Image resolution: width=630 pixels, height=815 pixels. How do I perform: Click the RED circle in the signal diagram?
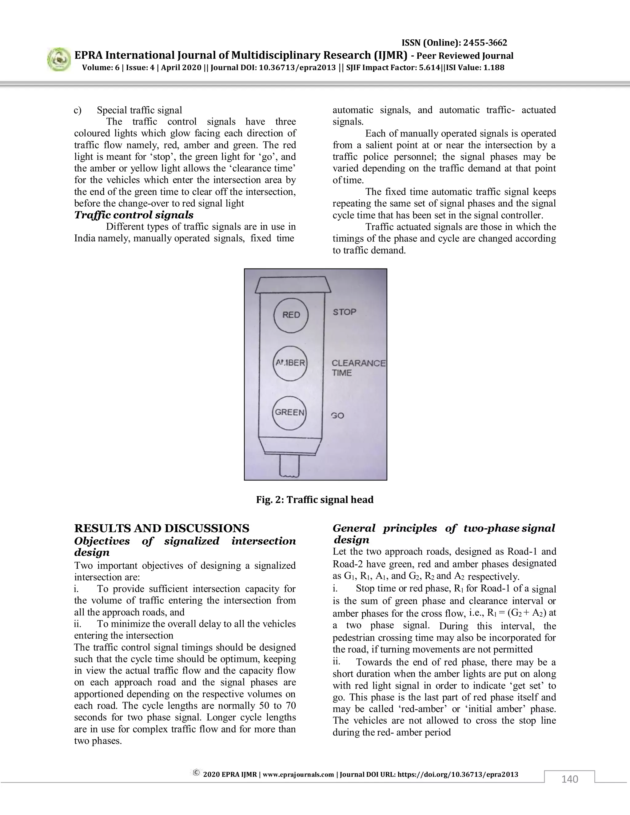tap(291, 315)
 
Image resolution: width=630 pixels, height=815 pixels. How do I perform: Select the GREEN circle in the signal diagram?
tap(289, 412)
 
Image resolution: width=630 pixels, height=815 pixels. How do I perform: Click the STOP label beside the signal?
tap(345, 312)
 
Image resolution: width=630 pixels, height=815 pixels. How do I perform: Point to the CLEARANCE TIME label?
tap(358, 368)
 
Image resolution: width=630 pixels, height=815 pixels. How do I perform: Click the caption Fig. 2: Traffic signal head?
tap(315, 500)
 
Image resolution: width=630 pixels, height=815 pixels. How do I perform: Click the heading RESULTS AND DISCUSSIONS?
tap(161, 528)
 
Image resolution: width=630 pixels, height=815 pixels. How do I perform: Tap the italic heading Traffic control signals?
tap(134, 215)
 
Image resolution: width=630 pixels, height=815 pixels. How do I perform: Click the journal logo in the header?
tap(59, 60)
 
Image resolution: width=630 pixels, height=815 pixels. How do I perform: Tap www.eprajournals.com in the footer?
tap(298, 774)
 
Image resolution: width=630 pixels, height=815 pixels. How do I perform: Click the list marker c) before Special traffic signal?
tap(78, 110)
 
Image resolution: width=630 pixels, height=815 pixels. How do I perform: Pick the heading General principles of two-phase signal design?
tap(444, 534)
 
